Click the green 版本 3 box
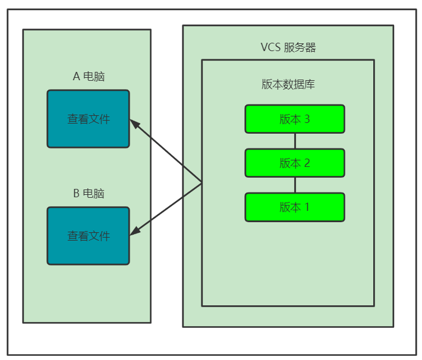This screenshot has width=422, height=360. (x=295, y=119)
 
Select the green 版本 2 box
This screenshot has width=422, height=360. (x=295, y=163)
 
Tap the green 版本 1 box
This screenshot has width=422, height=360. (x=295, y=207)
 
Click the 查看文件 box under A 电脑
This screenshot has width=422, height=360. (x=88, y=119)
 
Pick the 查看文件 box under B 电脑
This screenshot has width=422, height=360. (x=88, y=236)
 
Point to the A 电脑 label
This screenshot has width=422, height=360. (x=89, y=77)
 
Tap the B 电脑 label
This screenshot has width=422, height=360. (x=89, y=194)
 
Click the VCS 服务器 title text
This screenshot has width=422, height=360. (x=288, y=48)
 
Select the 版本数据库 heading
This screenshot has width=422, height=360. (x=288, y=84)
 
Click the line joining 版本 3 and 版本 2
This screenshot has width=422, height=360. (x=295, y=141)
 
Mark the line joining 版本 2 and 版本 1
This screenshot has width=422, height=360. (x=295, y=185)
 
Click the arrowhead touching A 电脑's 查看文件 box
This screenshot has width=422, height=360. (x=134, y=124)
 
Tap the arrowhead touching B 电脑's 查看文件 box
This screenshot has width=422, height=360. (x=135, y=230)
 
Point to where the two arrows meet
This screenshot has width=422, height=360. (x=201, y=183)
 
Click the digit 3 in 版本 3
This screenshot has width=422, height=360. (x=307, y=119)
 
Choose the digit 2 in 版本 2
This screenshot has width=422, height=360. (x=307, y=163)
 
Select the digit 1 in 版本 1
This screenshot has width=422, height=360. (x=307, y=207)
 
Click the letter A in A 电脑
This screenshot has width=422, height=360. (x=76, y=77)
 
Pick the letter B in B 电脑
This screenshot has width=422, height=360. (x=76, y=194)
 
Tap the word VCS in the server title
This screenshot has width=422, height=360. (x=270, y=48)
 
